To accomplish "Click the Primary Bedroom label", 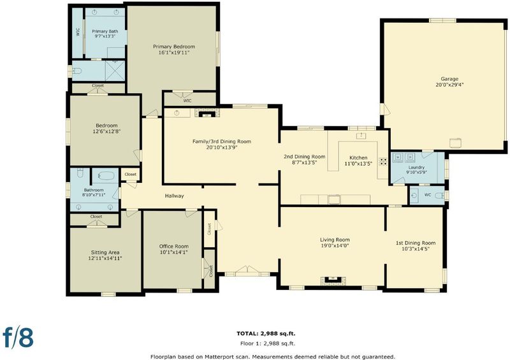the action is pyautogui.click(x=174, y=47).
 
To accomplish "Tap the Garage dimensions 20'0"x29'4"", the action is pyautogui.click(x=449, y=85).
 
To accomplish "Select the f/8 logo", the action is pyautogui.click(x=18, y=337).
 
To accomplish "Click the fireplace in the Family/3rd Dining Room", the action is pyautogui.click(x=207, y=113).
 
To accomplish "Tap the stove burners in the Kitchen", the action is pyautogui.click(x=384, y=162).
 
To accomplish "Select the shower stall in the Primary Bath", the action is pyautogui.click(x=115, y=71).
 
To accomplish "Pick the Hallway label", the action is pyautogui.click(x=174, y=196).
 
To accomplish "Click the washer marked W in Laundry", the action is pyautogui.click(x=398, y=158).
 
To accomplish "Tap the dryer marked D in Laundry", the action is pyautogui.click(x=410, y=158).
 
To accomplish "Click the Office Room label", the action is pyautogui.click(x=173, y=246).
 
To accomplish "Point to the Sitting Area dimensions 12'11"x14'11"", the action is pyautogui.click(x=105, y=259).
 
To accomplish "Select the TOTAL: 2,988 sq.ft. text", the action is pyautogui.click(x=266, y=333).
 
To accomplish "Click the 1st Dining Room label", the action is pyautogui.click(x=416, y=243).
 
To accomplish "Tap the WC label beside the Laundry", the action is pyautogui.click(x=428, y=195).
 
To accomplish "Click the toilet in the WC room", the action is pyautogui.click(x=440, y=196).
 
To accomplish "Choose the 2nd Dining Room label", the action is pyautogui.click(x=305, y=156).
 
